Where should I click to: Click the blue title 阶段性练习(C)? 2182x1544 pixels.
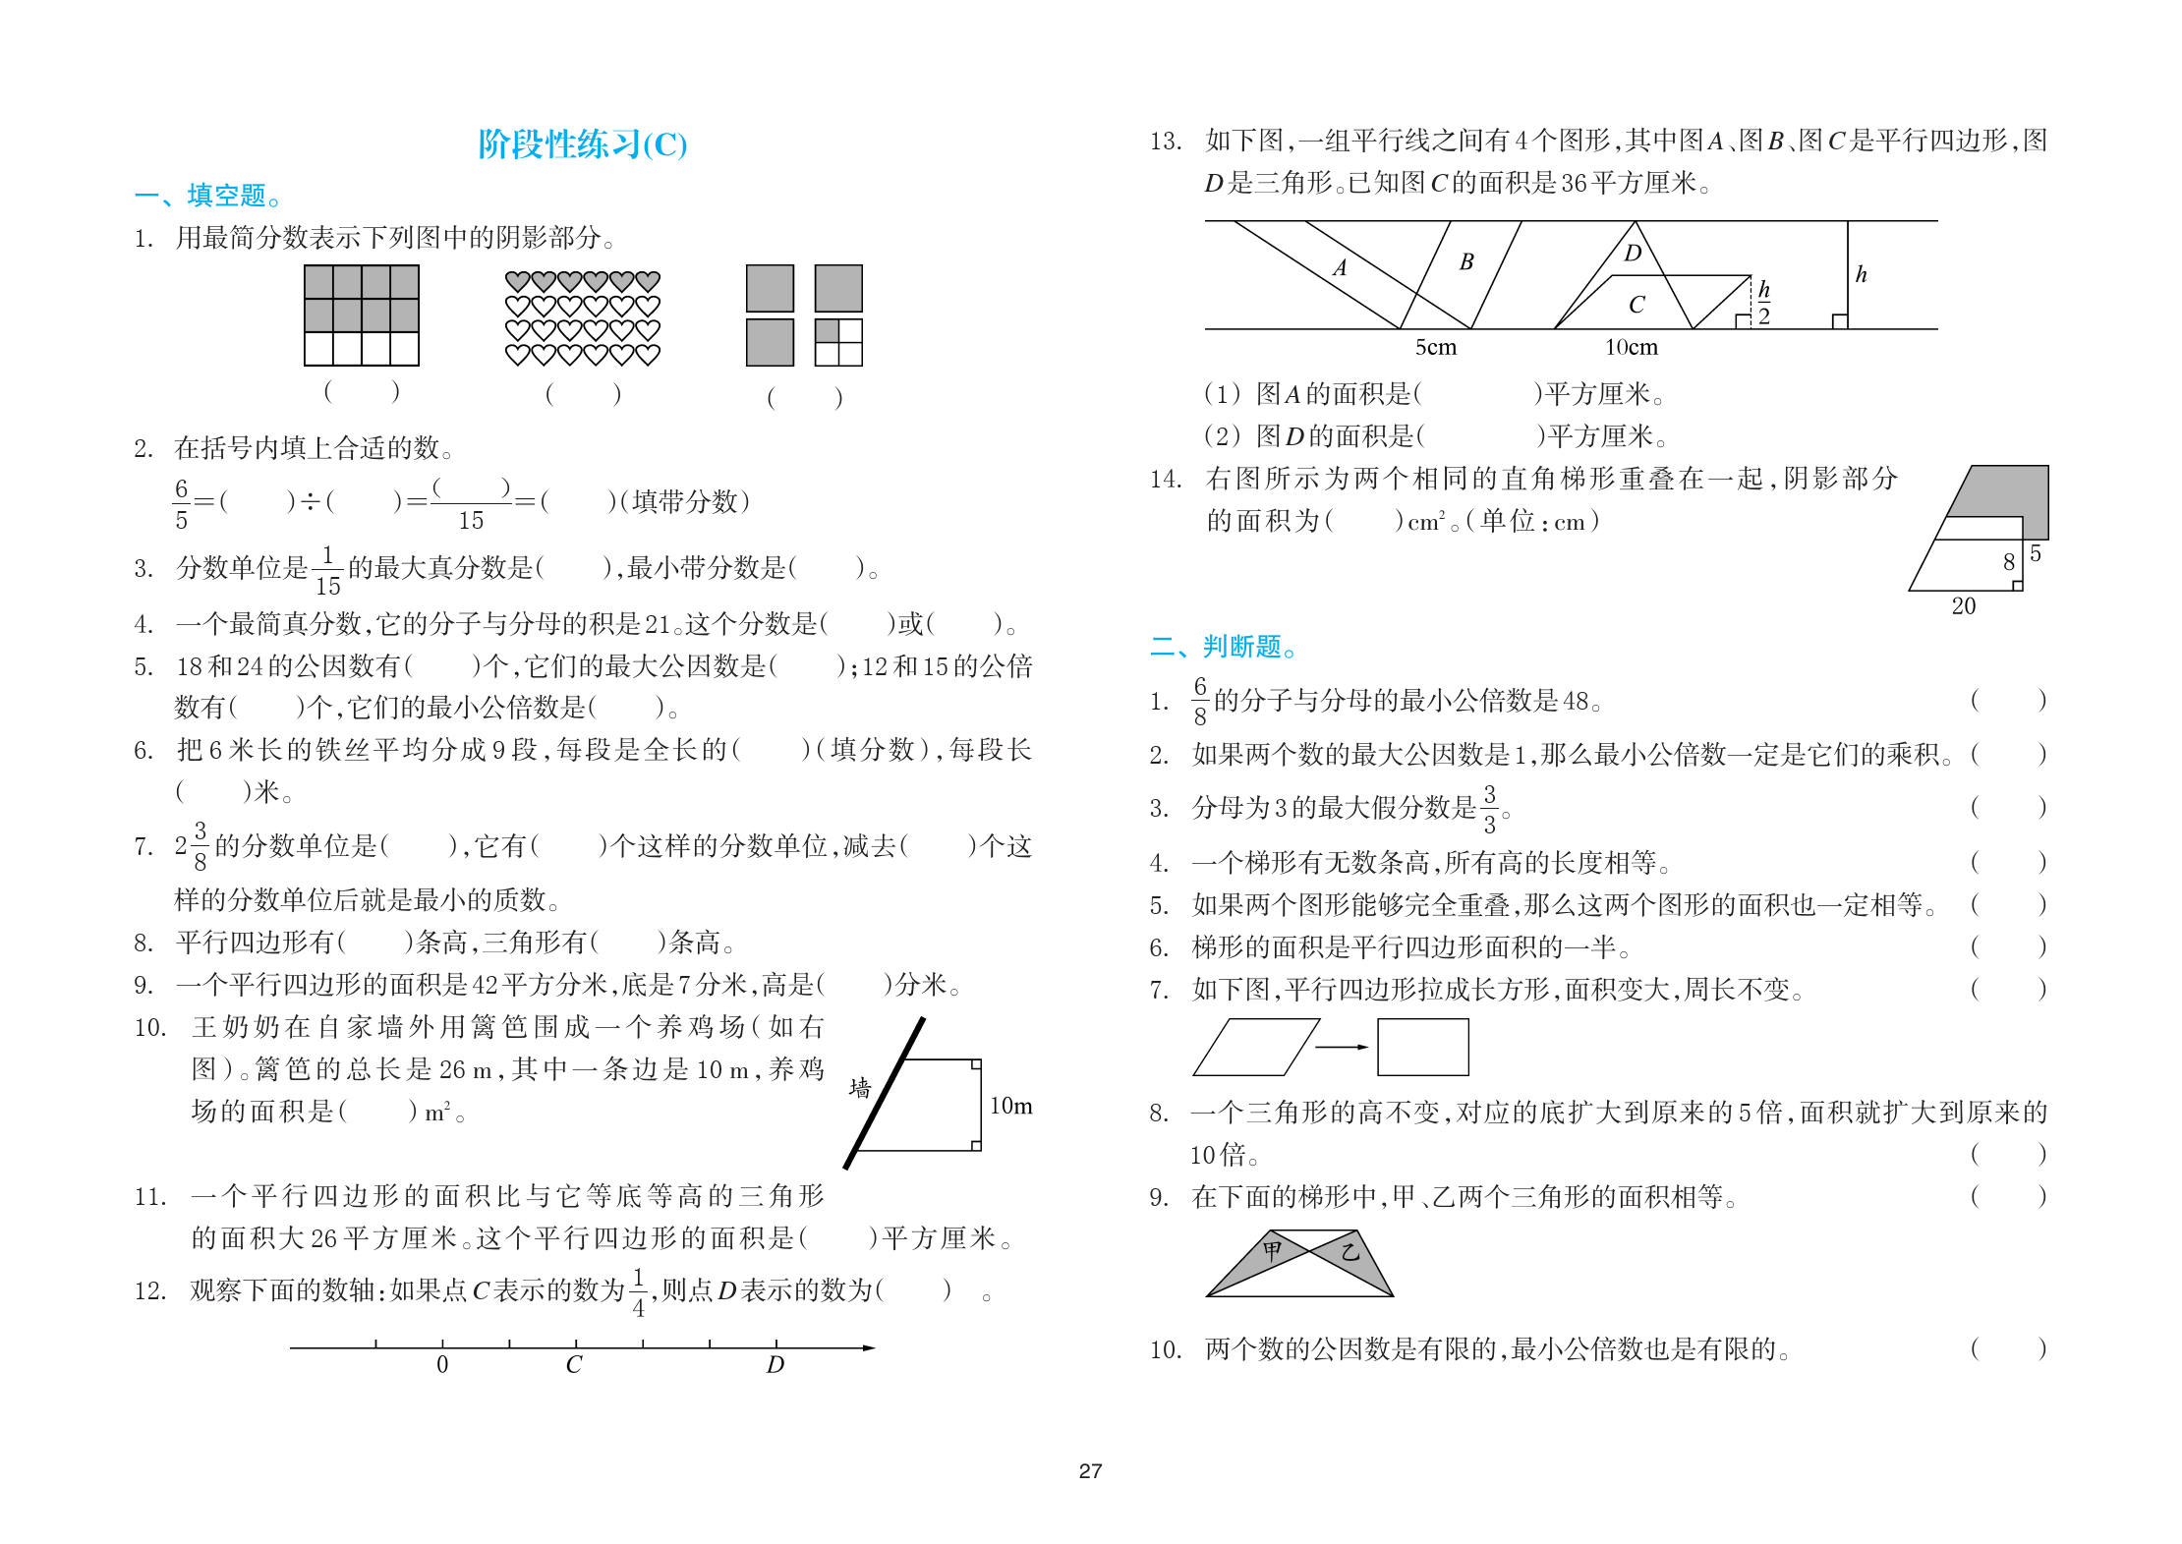point(582,144)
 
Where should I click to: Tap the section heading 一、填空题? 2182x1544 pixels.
point(208,196)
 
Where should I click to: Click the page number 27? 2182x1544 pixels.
point(1090,1471)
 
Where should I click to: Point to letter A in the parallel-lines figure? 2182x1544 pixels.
point(1339,267)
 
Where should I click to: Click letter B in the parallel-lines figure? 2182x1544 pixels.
point(1466,262)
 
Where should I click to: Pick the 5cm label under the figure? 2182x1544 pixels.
point(1435,347)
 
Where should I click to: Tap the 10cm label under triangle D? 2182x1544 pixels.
point(1631,347)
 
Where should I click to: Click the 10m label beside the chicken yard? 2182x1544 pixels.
point(1010,1106)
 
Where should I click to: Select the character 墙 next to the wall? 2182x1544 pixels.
point(860,1088)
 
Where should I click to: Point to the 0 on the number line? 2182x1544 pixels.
point(442,1365)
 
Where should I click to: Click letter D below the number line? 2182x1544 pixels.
point(775,1365)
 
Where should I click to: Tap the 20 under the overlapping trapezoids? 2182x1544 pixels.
point(1963,606)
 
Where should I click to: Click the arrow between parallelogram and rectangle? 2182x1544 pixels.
point(1342,1047)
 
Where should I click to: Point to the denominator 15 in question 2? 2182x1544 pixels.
point(471,521)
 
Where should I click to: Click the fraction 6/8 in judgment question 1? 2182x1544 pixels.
point(1200,701)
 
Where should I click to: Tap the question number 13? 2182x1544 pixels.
point(1165,142)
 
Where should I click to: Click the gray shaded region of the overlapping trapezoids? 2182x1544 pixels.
point(2005,491)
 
